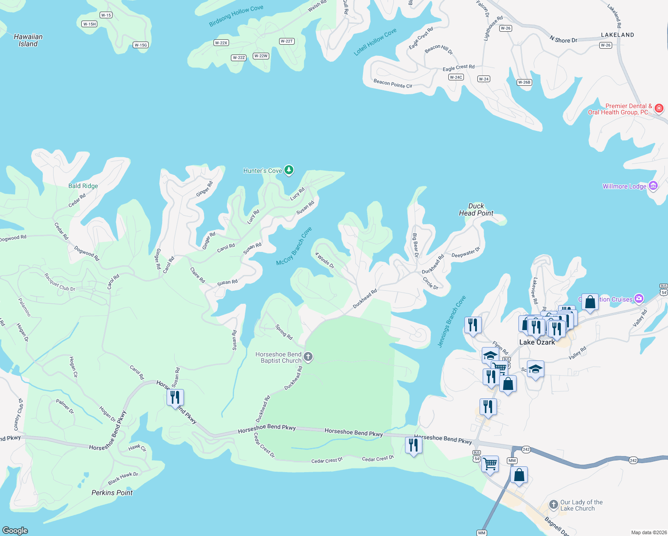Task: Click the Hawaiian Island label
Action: click(28, 40)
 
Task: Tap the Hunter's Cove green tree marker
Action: click(289, 170)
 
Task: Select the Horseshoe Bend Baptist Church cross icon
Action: click(308, 357)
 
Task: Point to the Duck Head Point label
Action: click(476, 209)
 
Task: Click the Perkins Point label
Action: click(112, 493)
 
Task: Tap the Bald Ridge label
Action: click(83, 186)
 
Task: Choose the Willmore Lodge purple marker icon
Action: click(653, 186)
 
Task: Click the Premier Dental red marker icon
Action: click(659, 109)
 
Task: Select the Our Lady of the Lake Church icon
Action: click(554, 505)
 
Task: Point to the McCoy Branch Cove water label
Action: click(294, 246)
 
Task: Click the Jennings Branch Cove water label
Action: click(451, 321)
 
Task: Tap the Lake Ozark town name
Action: click(537, 342)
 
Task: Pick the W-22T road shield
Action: click(286, 41)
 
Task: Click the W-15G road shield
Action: click(141, 45)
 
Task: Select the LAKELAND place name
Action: click(617, 35)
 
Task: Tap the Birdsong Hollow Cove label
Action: click(236, 16)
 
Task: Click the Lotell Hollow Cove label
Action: click(375, 42)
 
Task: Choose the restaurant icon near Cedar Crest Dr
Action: click(413, 445)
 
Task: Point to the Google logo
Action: click(15, 530)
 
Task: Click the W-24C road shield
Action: click(456, 77)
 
